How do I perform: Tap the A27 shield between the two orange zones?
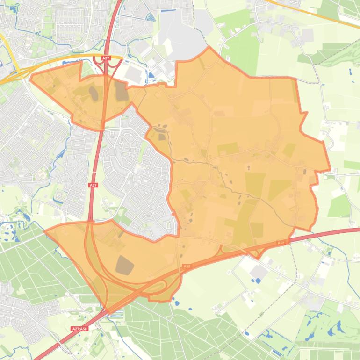click(x=94, y=185)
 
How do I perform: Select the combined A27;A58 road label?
click(x=79, y=329)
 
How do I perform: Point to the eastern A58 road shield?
click(x=281, y=243)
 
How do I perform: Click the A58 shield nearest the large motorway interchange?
click(x=187, y=266)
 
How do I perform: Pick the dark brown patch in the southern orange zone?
click(x=124, y=265)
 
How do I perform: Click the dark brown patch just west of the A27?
click(x=94, y=93)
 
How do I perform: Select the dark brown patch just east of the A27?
click(x=122, y=91)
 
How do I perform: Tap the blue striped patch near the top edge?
click(x=151, y=18)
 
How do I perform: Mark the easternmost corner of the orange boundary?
click(x=330, y=169)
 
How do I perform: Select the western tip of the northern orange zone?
click(x=30, y=79)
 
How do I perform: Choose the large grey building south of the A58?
click(x=259, y=272)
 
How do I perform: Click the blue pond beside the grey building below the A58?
click(x=257, y=281)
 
